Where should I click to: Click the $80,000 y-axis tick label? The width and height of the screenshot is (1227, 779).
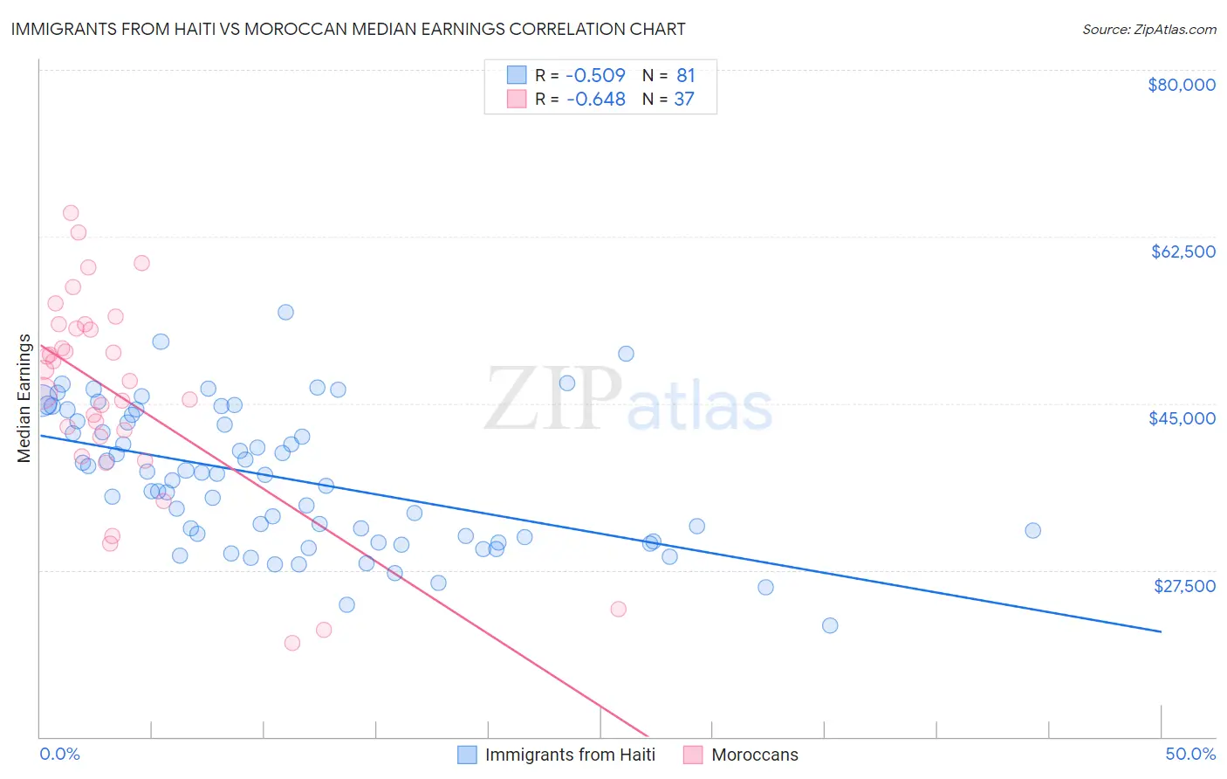click(x=1182, y=85)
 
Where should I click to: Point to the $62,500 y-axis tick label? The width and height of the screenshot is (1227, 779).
click(x=1182, y=252)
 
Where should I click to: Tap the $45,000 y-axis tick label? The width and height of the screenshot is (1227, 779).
click(x=1182, y=418)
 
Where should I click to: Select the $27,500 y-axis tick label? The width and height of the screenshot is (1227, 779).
click(x=1184, y=586)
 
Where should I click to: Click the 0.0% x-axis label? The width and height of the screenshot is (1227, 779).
click(x=59, y=754)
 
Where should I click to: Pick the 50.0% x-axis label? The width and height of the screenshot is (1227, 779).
click(x=1190, y=754)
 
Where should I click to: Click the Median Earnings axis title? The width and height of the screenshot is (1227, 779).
click(x=24, y=398)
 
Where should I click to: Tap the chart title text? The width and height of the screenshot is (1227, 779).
click(x=348, y=29)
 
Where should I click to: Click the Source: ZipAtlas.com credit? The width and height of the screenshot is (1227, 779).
click(x=1148, y=30)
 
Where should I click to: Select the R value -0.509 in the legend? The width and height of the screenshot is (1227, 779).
click(x=595, y=75)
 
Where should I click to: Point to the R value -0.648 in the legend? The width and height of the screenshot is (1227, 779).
click(x=595, y=100)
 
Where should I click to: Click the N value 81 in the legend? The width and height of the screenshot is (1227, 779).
click(x=685, y=75)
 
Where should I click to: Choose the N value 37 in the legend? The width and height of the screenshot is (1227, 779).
click(x=683, y=100)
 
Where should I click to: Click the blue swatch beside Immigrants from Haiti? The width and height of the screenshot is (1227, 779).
click(x=468, y=755)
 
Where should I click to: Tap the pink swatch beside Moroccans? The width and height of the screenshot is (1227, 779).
click(x=693, y=755)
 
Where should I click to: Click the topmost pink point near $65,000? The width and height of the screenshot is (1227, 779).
click(x=71, y=213)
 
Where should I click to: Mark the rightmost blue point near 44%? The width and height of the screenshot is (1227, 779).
click(x=1032, y=530)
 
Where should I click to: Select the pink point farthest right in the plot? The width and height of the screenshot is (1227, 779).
click(x=619, y=609)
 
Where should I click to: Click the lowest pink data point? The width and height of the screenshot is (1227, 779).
click(x=292, y=643)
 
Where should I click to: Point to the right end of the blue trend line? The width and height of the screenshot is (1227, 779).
click(x=1161, y=631)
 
